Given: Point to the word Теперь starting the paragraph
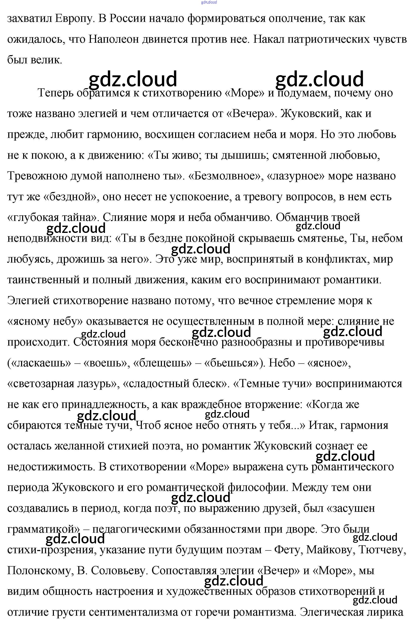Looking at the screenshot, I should point(55,93).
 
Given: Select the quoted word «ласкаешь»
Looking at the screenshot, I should point(39,363).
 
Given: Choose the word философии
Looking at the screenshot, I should point(257,487).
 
